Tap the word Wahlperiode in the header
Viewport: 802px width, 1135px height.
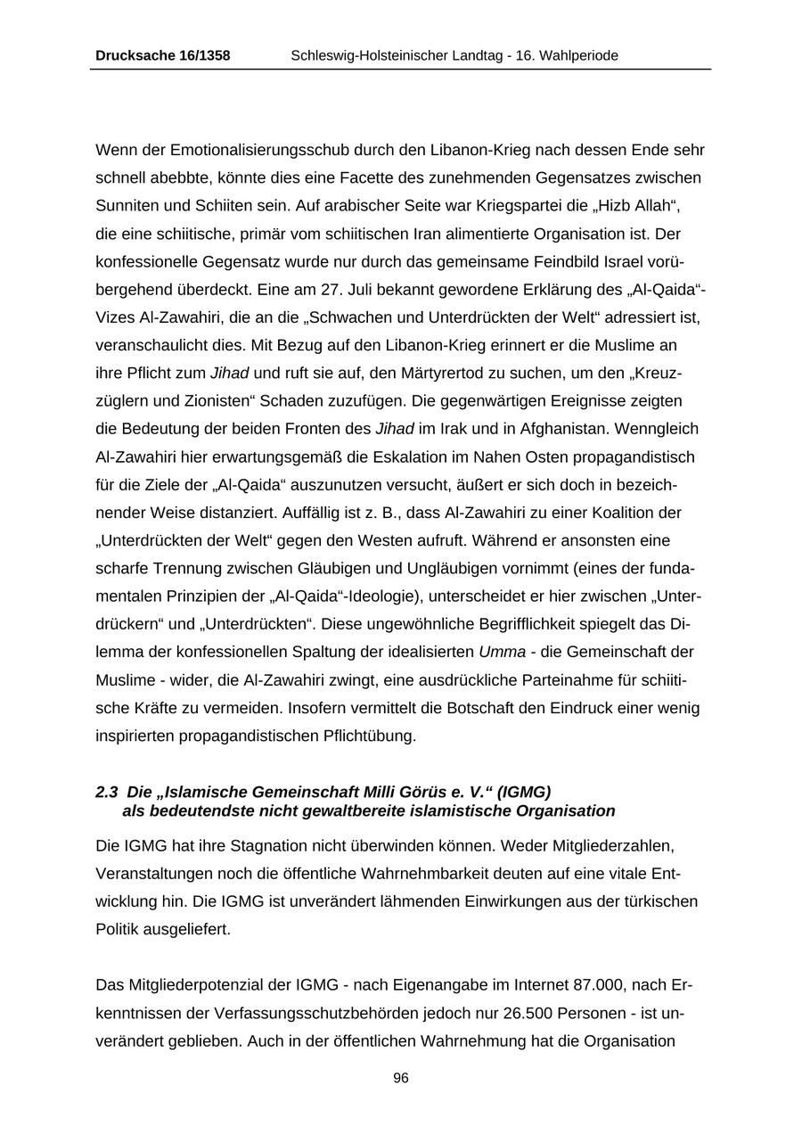[x=580, y=55]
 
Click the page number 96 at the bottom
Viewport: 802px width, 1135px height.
[x=401, y=1078]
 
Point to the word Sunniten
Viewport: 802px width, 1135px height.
[x=124, y=205]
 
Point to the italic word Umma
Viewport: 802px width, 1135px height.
[x=502, y=652]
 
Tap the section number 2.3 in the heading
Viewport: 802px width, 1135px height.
[x=107, y=792]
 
